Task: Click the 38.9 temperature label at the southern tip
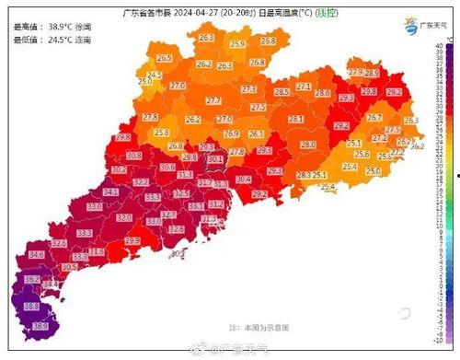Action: coord(40,326)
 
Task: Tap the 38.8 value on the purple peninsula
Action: coord(30,306)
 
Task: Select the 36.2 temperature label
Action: coord(31,279)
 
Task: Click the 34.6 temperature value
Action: coord(37,254)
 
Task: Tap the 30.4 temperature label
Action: coord(244,179)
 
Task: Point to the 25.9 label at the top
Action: coord(238,44)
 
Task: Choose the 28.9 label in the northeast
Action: coord(372,73)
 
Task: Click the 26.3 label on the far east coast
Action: coord(411,121)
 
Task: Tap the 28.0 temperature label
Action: coord(308,145)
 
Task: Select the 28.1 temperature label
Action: coord(296,120)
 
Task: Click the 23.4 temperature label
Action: coord(349,167)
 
